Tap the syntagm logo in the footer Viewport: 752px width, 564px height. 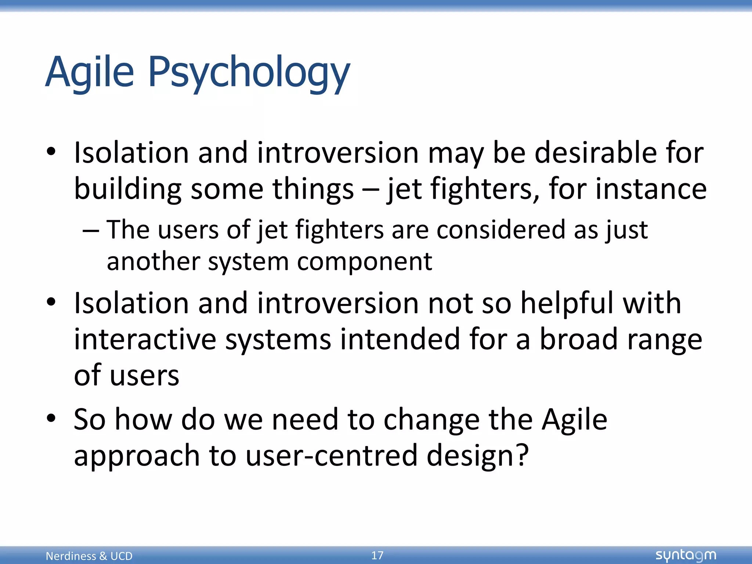click(x=686, y=555)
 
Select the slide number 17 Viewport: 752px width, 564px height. click(x=377, y=555)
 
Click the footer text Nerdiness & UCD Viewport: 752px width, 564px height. click(x=89, y=556)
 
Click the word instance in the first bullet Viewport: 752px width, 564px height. click(x=651, y=189)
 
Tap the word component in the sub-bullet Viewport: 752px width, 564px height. click(x=364, y=262)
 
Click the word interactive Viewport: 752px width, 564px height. click(x=145, y=339)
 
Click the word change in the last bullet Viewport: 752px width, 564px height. click(x=431, y=419)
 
